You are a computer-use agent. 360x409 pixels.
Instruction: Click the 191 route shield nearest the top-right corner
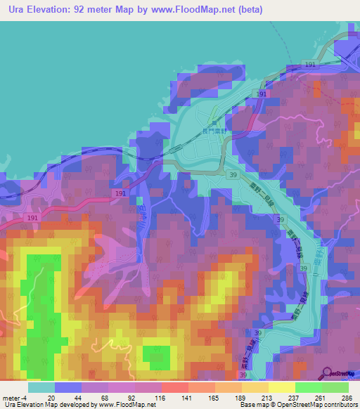tap(311, 64)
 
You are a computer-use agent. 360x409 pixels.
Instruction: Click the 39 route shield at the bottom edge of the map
tap(243, 377)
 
